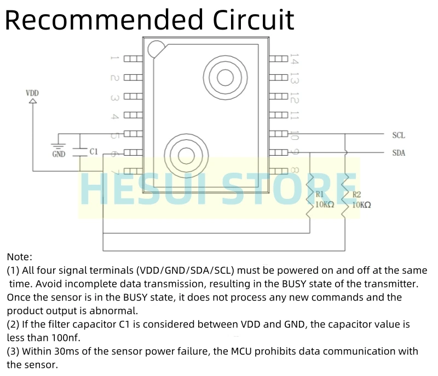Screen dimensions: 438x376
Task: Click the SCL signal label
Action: tap(399, 135)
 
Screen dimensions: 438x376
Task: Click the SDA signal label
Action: tap(399, 153)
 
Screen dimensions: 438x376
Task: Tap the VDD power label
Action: tap(33, 93)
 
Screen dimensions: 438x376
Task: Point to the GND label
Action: tap(59, 154)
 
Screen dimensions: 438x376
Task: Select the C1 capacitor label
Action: tap(94, 151)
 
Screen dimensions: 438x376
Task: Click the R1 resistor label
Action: tap(320, 194)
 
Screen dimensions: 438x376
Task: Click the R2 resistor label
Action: tap(357, 194)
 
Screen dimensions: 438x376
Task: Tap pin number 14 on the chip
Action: tap(294, 58)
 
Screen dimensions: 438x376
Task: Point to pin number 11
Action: tap(294, 115)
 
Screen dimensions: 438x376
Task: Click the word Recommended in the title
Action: tap(104, 20)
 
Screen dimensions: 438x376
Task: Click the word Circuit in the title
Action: tap(253, 20)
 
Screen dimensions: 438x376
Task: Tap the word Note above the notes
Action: tap(20, 256)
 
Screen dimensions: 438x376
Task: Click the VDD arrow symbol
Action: tap(33, 102)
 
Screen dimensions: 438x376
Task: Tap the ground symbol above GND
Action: tap(58, 146)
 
